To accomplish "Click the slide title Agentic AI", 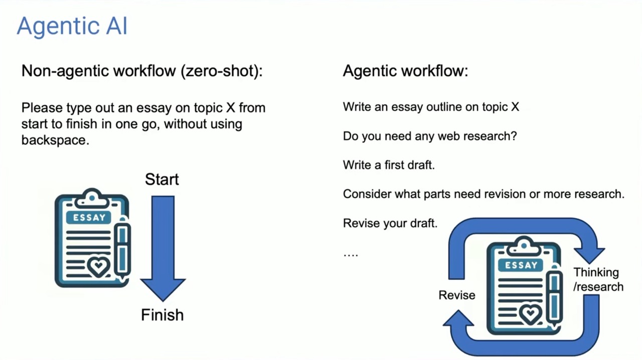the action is coord(72,27).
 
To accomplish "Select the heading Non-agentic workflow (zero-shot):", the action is coord(142,71).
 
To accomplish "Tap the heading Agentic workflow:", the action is coord(406,71).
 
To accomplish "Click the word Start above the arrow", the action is coord(162,179).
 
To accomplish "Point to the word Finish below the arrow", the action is coord(163,315).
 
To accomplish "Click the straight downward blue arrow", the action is coord(163,248).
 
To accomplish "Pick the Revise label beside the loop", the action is coord(457,295).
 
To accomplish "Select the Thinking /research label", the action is coord(598,279).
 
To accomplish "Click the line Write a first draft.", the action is coord(389,165).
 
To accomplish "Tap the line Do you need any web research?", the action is coord(430,136).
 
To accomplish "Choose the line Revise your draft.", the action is coord(390,223).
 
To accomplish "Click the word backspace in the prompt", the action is coord(55,140).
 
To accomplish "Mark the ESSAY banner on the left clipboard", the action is coord(88,218).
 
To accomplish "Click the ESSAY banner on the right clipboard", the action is coord(521,265).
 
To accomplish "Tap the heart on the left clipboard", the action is coord(99,267).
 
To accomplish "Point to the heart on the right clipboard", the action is coord(531,314).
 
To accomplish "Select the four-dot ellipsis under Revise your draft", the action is coord(351,255).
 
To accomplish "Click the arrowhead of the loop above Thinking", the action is coord(589,255).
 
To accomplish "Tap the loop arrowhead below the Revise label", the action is coord(458,318).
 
